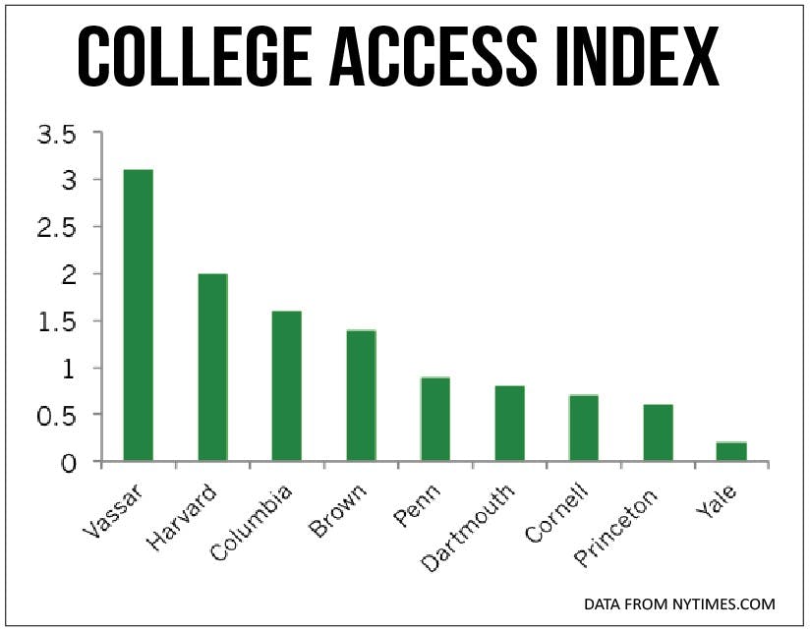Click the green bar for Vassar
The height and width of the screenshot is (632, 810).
139,315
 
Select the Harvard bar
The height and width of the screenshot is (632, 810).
212,368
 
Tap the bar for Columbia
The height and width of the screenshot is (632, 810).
287,386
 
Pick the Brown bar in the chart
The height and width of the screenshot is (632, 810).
361,395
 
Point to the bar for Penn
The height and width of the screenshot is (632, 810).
435,419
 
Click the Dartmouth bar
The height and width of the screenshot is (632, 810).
509,423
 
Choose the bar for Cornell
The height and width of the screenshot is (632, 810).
584,428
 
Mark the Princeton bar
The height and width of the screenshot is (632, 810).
658,432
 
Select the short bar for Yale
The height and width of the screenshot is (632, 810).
732,451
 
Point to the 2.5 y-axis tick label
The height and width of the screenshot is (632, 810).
57,228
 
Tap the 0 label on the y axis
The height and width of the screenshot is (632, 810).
68,462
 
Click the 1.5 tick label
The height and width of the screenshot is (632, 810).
57,321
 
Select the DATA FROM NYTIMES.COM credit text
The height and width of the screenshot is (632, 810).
679,603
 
